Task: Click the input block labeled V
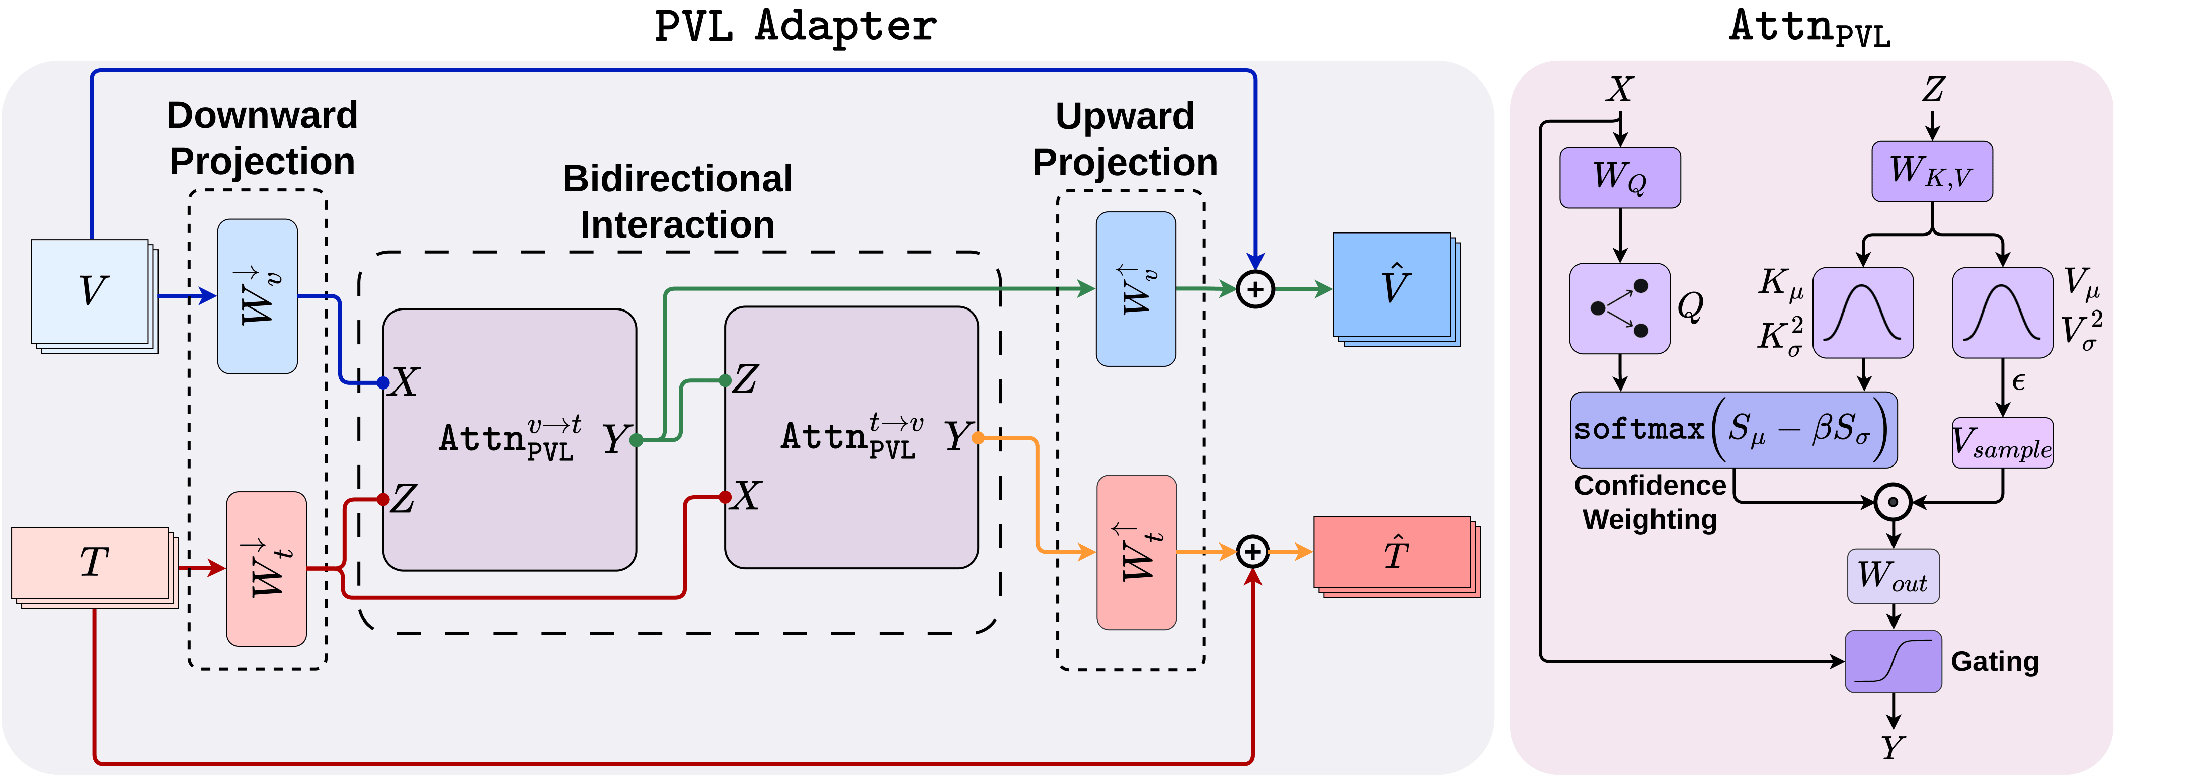pyautogui.click(x=91, y=292)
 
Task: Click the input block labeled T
pyautogui.click(x=91, y=563)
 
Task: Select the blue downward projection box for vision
pyautogui.click(x=257, y=296)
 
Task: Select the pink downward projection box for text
pyautogui.click(x=267, y=569)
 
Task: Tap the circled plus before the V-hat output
pyautogui.click(x=1255, y=289)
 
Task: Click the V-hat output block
pyautogui.click(x=1393, y=286)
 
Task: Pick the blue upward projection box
pyautogui.click(x=1136, y=289)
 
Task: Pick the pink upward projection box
pyautogui.click(x=1137, y=553)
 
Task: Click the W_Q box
pyautogui.click(x=1619, y=177)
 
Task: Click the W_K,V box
pyautogui.click(x=1931, y=171)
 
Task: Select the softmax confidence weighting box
pyautogui.click(x=1733, y=429)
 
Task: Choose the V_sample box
pyautogui.click(x=2002, y=443)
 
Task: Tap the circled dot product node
pyautogui.click(x=1893, y=502)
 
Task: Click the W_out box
pyautogui.click(x=1893, y=576)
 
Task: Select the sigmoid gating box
pyautogui.click(x=1893, y=661)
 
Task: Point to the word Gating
pyautogui.click(x=1995, y=661)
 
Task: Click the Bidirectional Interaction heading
pyautogui.click(x=677, y=201)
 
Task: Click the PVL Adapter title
pyautogui.click(x=795, y=26)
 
